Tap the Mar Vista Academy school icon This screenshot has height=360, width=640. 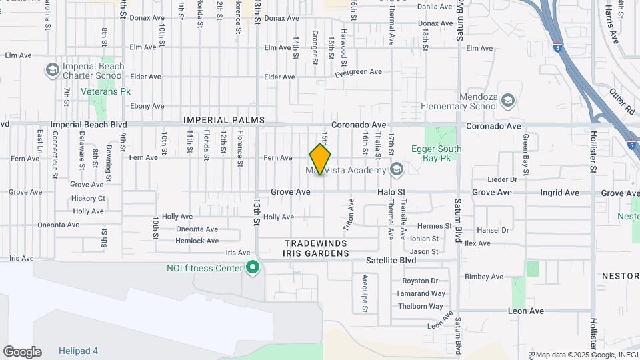pyautogui.click(x=397, y=170)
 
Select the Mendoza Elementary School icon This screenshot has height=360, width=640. pyautogui.click(x=508, y=101)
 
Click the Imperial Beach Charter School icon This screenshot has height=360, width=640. pyautogui.click(x=52, y=70)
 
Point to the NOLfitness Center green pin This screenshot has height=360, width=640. pyautogui.click(x=253, y=268)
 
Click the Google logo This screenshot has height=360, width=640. pyautogui.click(x=22, y=352)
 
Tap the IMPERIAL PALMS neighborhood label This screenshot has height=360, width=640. pyautogui.click(x=224, y=121)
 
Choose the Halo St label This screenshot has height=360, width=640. pyautogui.click(x=391, y=192)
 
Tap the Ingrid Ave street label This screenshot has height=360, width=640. pyautogui.click(x=563, y=193)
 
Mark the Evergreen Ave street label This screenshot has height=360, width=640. pyautogui.click(x=358, y=72)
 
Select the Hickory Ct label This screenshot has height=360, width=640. pyautogui.click(x=89, y=198)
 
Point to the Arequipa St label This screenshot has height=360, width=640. pyautogui.click(x=365, y=289)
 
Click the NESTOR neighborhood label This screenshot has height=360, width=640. pyautogui.click(x=620, y=276)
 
